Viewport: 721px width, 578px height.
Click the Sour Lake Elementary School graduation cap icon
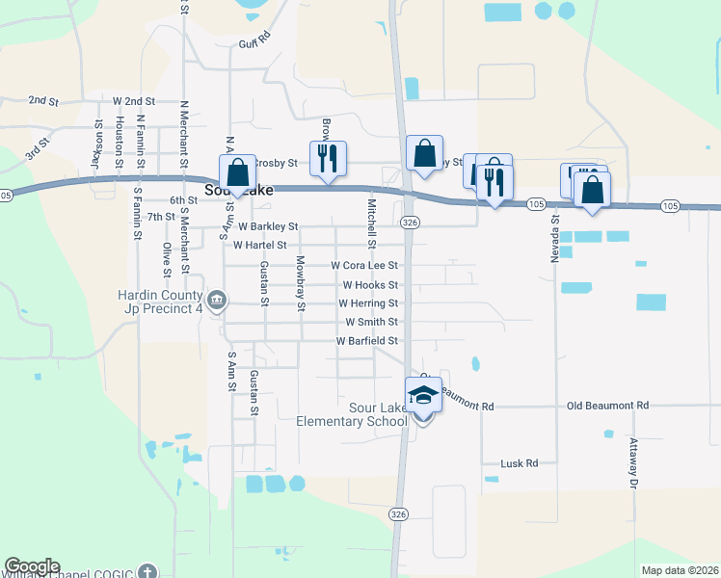(423, 395)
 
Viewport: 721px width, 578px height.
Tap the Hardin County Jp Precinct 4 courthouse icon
(217, 301)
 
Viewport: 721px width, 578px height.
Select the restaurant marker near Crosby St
(327, 157)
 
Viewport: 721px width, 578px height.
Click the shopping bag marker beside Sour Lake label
(237, 173)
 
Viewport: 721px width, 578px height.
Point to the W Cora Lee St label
(364, 265)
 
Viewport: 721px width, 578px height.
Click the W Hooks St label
(370, 285)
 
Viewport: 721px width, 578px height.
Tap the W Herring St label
(367, 303)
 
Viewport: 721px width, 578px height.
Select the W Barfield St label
(366, 341)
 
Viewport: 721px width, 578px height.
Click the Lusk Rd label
(519, 463)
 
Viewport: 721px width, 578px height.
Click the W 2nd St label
(134, 101)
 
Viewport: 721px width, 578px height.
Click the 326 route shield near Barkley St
(411, 223)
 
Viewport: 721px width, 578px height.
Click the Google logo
(32, 566)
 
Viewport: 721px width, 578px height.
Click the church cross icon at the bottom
(146, 570)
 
